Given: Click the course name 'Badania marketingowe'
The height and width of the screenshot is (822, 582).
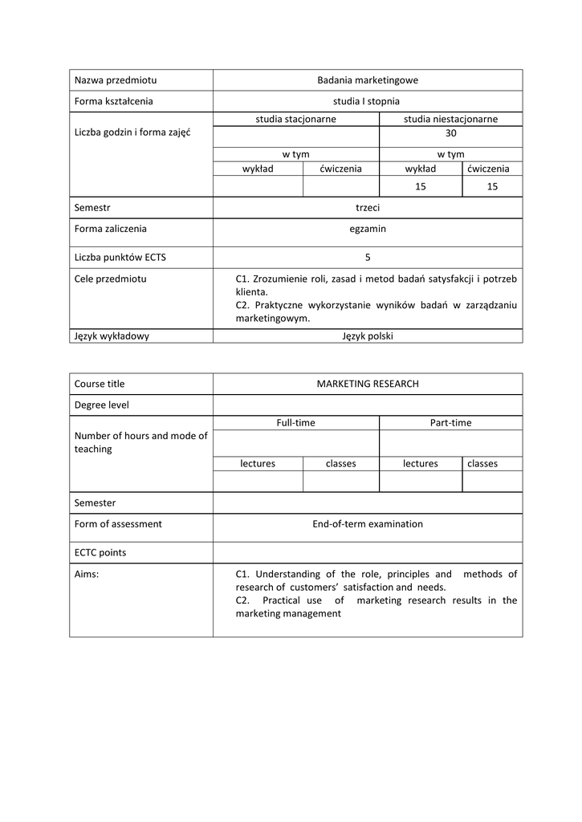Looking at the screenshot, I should click(367, 80).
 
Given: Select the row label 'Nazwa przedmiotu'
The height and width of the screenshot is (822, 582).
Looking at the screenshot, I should click(115, 80).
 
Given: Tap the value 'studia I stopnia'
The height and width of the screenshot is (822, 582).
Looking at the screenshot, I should click(367, 101).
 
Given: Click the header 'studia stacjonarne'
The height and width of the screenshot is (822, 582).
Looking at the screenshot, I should click(295, 119).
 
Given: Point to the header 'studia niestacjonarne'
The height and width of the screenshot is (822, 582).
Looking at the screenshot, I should click(450, 119).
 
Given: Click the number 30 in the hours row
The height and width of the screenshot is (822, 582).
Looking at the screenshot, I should click(450, 134).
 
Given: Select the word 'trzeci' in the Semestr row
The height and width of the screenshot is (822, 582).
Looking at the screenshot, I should click(367, 207).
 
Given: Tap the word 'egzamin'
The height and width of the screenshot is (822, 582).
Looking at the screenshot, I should click(367, 229).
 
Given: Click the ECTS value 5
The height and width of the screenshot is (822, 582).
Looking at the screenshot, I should click(368, 258).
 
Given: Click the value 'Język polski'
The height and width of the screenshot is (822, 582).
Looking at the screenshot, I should click(367, 336).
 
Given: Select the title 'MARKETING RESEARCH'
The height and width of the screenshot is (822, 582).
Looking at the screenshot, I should click(368, 384).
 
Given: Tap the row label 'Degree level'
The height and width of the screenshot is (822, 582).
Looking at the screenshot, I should click(101, 405).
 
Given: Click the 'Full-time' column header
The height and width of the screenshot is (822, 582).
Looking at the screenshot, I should click(295, 422).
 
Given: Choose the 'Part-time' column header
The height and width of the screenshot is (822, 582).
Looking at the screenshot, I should click(450, 422).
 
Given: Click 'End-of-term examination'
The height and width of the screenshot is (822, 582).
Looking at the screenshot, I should click(367, 524).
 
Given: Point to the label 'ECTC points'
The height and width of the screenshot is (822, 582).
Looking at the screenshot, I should click(100, 552).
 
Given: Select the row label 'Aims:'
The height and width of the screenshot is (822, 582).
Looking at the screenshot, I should click(87, 574).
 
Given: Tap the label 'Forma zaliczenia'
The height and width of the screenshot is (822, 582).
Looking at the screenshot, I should click(110, 229).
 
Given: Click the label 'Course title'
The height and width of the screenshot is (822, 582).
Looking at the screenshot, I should click(99, 384).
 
